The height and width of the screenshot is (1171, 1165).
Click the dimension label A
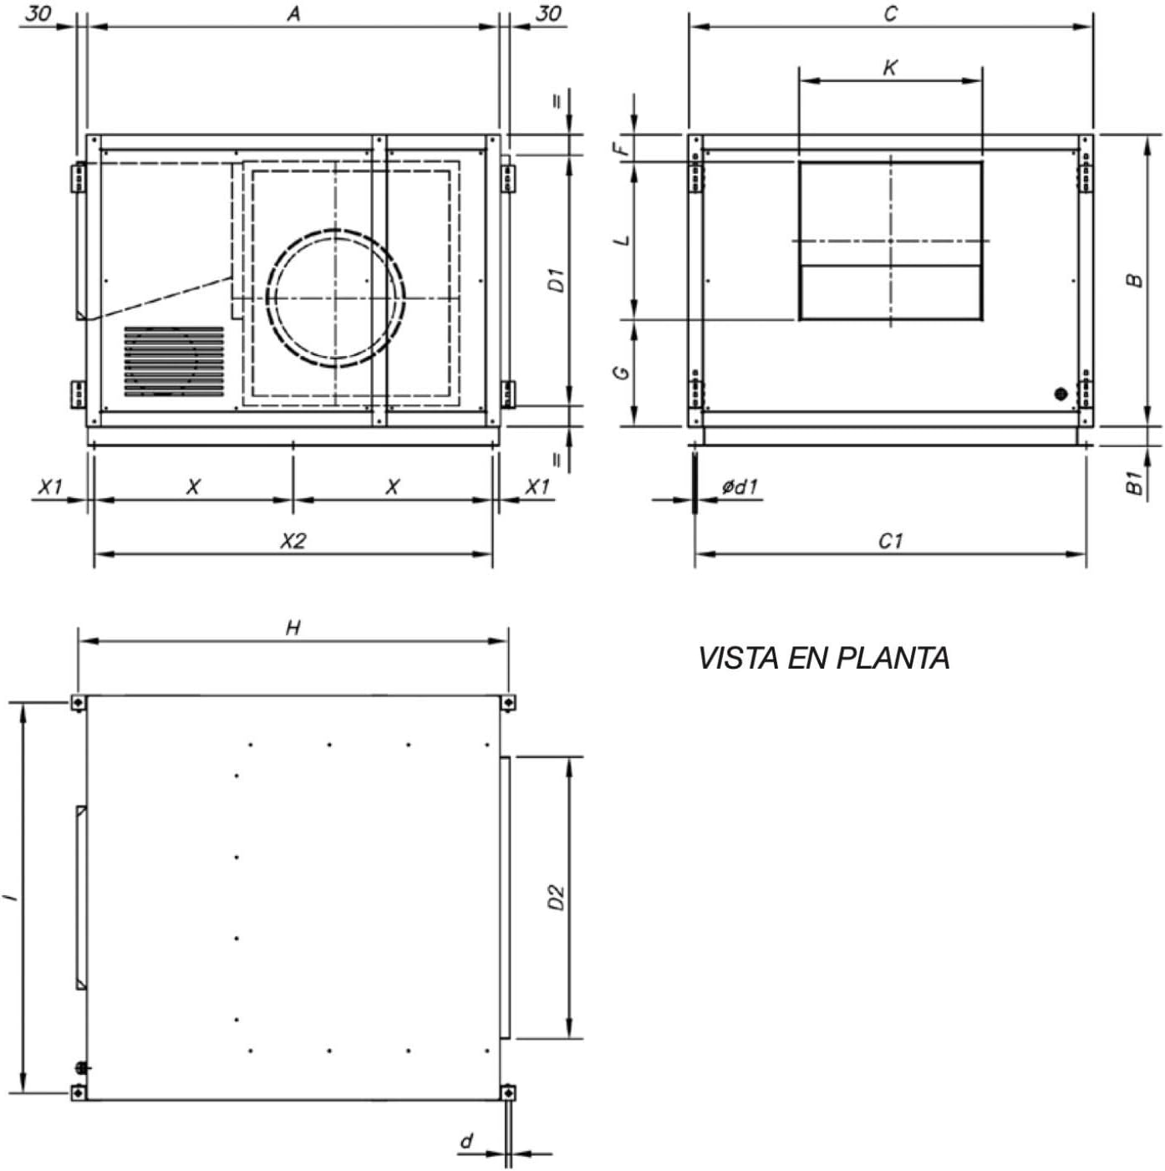pos(293,13)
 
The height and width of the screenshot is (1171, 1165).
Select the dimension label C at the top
pos(890,13)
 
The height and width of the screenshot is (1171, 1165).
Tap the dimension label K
pos(890,68)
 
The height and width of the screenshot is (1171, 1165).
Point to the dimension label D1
pos(557,280)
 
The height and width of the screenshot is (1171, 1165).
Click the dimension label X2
pos(293,541)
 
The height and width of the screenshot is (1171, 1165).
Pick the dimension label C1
pos(891,541)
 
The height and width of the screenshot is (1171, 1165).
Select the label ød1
pos(740,486)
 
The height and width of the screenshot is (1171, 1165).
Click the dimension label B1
pos(1134,482)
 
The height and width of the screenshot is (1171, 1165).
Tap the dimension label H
pos(293,628)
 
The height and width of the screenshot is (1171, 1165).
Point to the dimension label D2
pos(557,897)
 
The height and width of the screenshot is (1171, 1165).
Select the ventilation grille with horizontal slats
pos(174,361)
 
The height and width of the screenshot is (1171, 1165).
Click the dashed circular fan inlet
pos(335,298)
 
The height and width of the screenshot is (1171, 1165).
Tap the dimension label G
pos(622,372)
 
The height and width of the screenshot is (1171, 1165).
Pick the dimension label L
pos(622,241)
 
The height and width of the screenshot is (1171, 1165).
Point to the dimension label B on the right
pos(1134,280)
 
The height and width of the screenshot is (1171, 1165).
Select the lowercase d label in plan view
pos(466,1140)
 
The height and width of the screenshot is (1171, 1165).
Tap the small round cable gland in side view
pos(1061,394)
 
